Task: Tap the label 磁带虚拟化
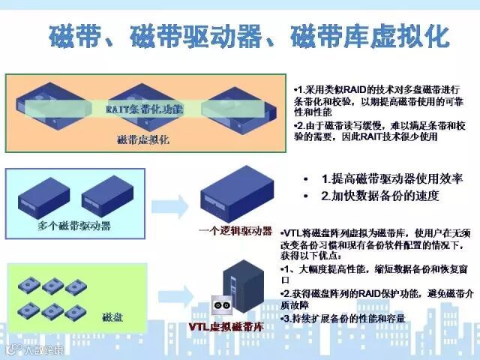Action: tap(143, 139)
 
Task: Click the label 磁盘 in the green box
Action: tap(112, 316)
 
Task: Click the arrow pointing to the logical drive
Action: tap(170, 204)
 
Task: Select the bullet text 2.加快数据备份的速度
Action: tap(379, 196)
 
